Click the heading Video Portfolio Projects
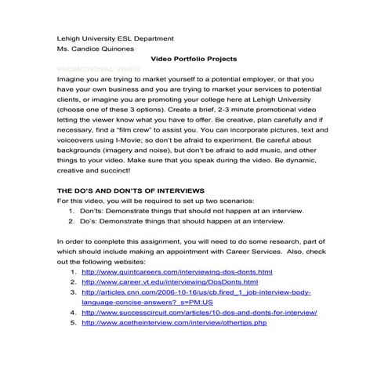[193, 60]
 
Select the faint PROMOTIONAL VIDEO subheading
[99, 70]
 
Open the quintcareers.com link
[176, 271]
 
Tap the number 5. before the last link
[72, 322]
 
